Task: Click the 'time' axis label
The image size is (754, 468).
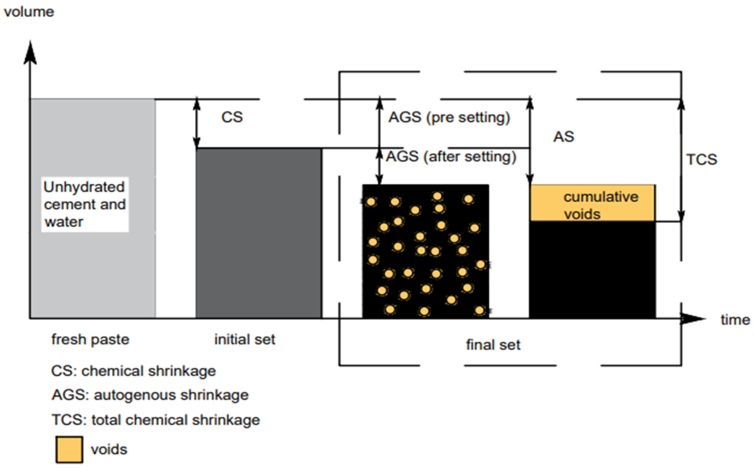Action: pyautogui.click(x=735, y=320)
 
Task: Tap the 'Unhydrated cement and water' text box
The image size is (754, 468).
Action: pyautogui.click(x=85, y=205)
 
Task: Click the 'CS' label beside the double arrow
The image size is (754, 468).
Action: pyautogui.click(x=232, y=117)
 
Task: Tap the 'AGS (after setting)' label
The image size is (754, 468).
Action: pyautogui.click(x=451, y=157)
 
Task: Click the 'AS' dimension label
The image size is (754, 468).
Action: pyautogui.click(x=564, y=137)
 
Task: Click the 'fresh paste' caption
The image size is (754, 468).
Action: pyautogui.click(x=90, y=339)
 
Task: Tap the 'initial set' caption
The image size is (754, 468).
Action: pyautogui.click(x=245, y=339)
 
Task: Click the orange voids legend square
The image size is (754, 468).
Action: pyautogui.click(x=69, y=449)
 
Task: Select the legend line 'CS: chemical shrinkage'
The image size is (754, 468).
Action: pyautogui.click(x=133, y=371)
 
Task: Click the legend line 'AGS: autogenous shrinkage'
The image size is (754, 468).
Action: pyautogui.click(x=150, y=395)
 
